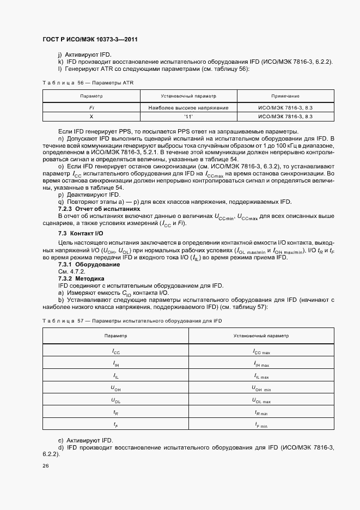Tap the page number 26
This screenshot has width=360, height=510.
coord(45,465)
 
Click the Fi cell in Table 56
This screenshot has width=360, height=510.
coord(91,108)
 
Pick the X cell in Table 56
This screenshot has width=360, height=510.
coord(91,117)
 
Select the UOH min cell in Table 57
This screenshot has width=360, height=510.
coord(261,388)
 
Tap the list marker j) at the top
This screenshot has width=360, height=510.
coord(60,55)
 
